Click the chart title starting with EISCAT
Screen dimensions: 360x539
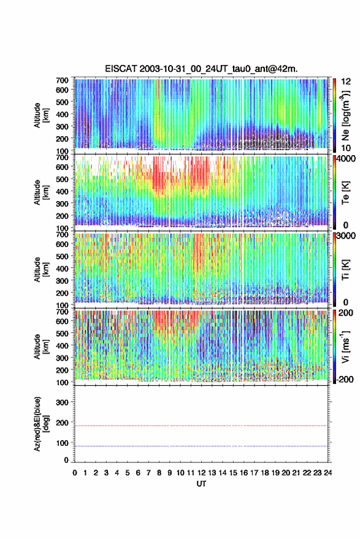tap(201, 69)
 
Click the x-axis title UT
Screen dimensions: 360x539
tap(201, 484)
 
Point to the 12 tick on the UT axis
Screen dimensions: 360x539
tap(202, 473)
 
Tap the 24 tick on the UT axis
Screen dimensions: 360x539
tap(327, 473)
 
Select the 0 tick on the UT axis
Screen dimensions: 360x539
tap(75, 473)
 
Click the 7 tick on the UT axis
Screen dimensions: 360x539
tap(148, 473)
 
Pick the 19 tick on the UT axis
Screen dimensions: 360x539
tap(275, 473)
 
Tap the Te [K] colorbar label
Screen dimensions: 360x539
tap(345, 193)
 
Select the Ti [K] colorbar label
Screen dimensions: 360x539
tap(345, 270)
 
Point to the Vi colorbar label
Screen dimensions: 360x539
tap(345, 346)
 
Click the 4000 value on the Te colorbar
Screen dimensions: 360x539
tap(347, 159)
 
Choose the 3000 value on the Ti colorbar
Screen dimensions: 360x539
tap(347, 236)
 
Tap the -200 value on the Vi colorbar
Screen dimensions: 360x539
tap(345, 380)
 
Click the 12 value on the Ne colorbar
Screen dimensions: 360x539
tap(346, 82)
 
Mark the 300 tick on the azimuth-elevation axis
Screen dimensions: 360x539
tap(62, 402)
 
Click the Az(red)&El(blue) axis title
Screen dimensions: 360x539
tap(40, 424)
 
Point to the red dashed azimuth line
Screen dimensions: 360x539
tap(201, 426)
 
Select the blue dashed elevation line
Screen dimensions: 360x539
tap(201, 446)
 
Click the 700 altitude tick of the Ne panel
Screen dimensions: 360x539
tap(62, 80)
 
